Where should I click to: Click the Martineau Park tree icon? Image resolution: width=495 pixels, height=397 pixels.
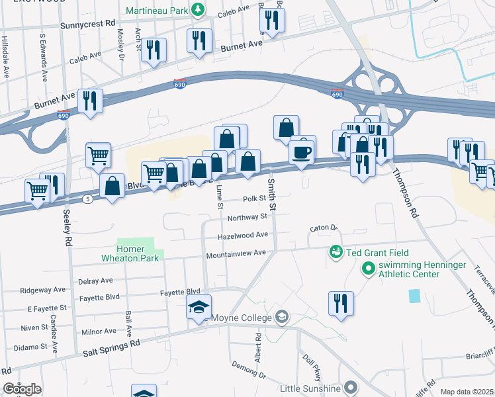tap(197, 9)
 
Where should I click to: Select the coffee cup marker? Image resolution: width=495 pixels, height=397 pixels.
tap(302, 152)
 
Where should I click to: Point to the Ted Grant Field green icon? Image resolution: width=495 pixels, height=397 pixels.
tap(336, 253)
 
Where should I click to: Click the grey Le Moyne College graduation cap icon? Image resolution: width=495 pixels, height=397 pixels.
tap(283, 318)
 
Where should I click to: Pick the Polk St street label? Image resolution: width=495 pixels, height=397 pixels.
tap(254, 198)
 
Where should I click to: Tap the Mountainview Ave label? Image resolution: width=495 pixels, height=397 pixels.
tap(236, 253)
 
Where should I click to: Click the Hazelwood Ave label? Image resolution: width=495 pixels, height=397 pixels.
tap(244, 235)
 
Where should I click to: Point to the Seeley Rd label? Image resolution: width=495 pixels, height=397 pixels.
tap(67, 229)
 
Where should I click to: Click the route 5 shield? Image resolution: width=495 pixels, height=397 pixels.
tap(87, 199)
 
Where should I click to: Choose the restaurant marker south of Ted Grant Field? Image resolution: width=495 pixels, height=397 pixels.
tap(341, 304)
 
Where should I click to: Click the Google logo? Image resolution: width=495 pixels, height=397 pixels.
tap(22, 389)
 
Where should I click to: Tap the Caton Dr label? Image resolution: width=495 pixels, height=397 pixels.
tap(324, 228)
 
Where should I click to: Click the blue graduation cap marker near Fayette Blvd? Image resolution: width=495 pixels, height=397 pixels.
tap(199, 307)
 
